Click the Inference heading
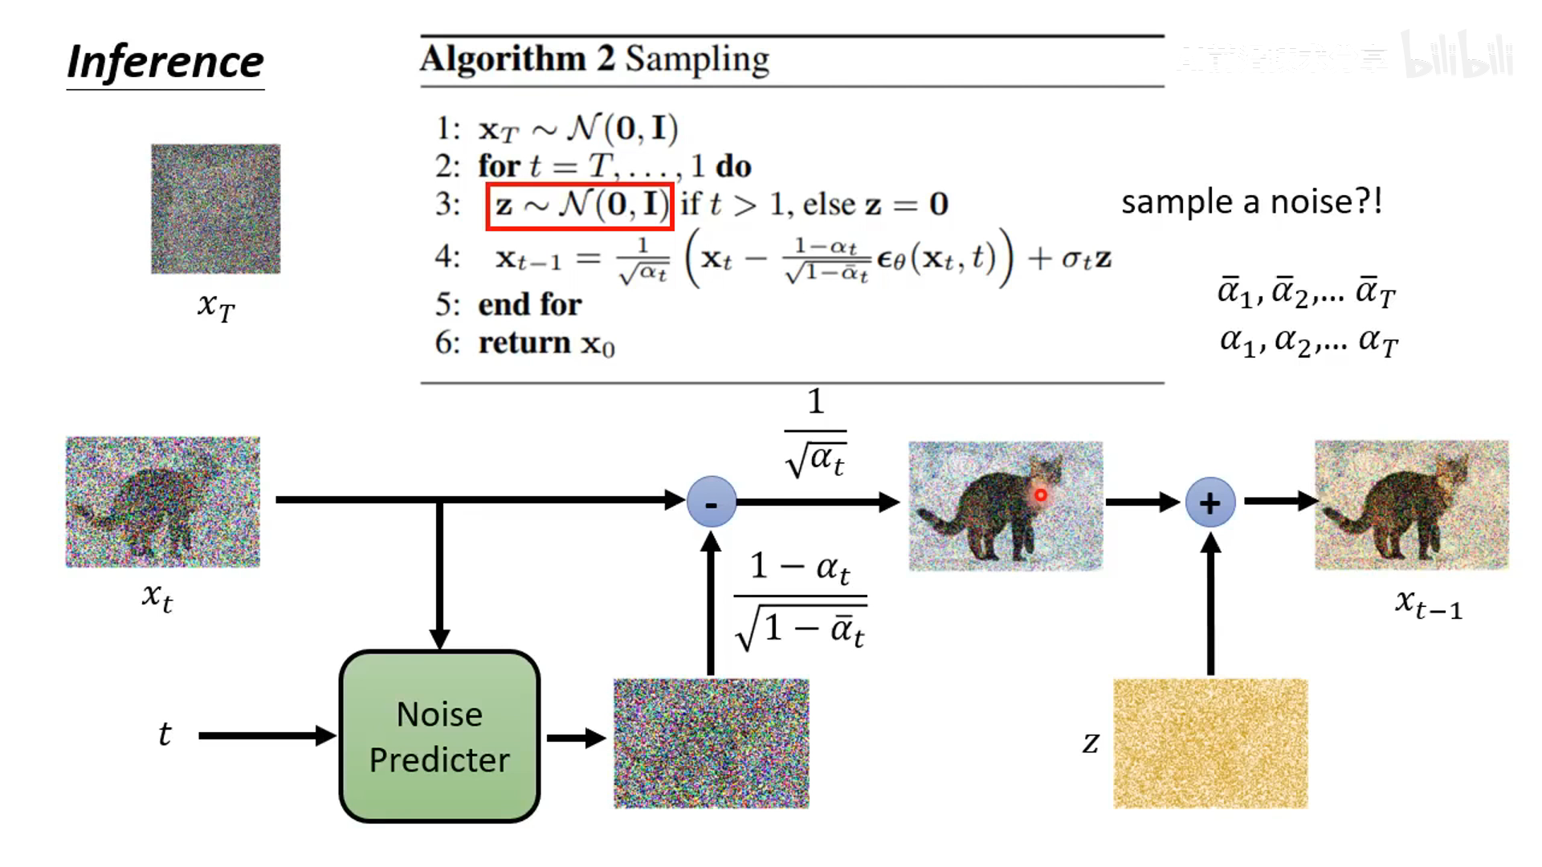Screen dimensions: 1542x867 (x=165, y=62)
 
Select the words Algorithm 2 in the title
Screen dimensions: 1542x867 (x=517, y=59)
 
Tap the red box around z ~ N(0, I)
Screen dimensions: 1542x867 (x=579, y=206)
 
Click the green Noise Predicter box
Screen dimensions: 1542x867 (x=439, y=736)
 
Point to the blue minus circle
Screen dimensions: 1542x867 (x=712, y=503)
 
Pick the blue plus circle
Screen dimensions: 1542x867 (x=1210, y=503)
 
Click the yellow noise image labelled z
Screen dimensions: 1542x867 (x=1210, y=743)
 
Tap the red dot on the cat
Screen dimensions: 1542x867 (x=1041, y=495)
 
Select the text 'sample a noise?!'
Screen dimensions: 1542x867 (x=1251, y=201)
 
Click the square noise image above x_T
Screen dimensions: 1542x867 (x=215, y=209)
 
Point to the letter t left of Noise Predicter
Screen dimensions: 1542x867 (x=165, y=734)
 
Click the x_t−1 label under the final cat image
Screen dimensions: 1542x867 (x=1429, y=604)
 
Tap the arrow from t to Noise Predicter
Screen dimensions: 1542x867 (x=265, y=735)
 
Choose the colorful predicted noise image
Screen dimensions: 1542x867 (x=711, y=743)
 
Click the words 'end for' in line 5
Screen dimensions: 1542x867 (x=529, y=305)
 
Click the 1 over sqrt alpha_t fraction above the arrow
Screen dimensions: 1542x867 (x=815, y=433)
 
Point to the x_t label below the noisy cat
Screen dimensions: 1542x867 (x=157, y=597)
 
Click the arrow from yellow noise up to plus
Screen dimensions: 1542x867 (x=1210, y=606)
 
